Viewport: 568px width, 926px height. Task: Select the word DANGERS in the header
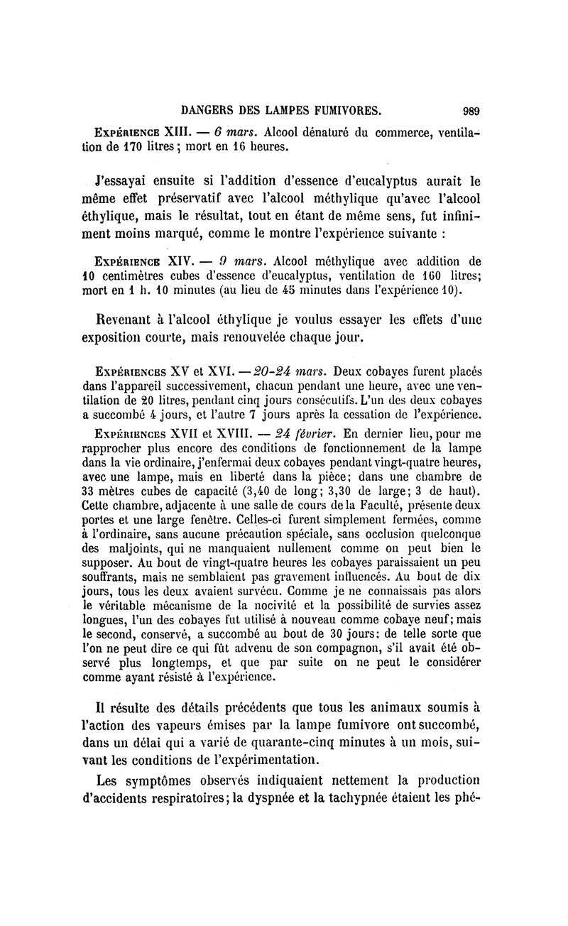tap(207, 110)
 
